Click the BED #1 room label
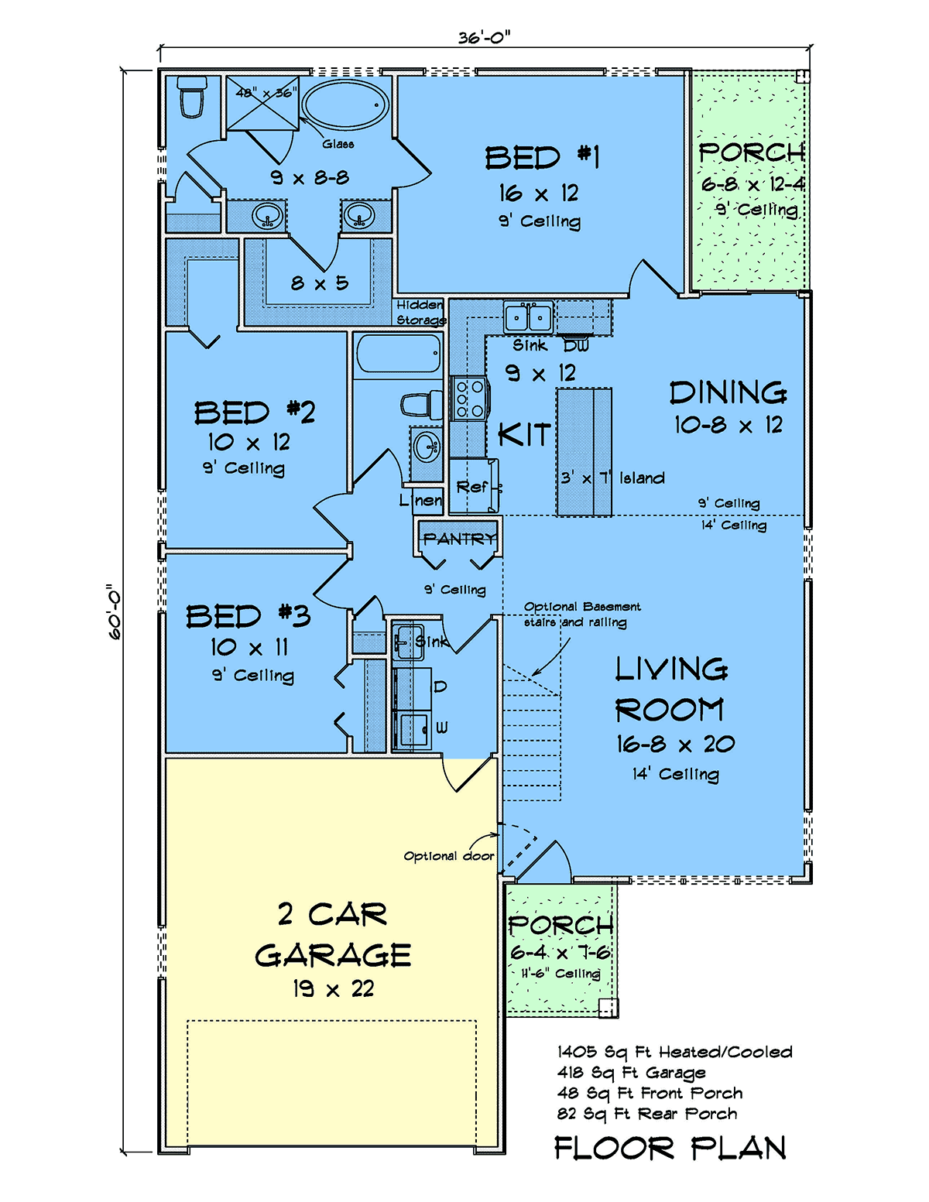coord(542,158)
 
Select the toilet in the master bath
coord(191,97)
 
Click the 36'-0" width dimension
coord(484,38)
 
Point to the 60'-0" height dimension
coord(114,612)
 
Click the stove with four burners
coord(469,399)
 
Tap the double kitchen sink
coord(528,318)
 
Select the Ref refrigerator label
coord(472,487)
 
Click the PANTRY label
coord(460,538)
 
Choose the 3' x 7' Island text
coord(612,478)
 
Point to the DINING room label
coord(728,392)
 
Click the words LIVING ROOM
coord(671,689)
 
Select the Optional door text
coord(449,856)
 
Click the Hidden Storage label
coord(420,313)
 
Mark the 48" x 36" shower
coord(262,104)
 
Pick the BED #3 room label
coord(248,616)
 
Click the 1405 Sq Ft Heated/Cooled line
coord(674,1052)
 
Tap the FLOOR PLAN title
coord(670,1149)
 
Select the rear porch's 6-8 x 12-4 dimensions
coord(753,184)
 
